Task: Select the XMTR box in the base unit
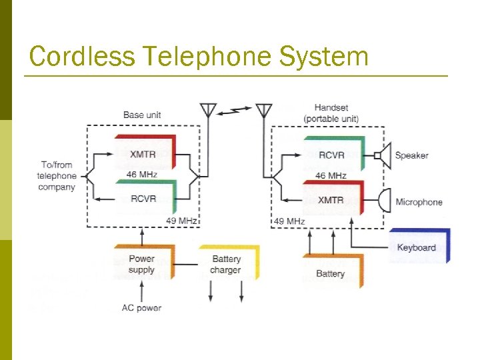144,153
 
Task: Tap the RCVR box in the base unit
144,198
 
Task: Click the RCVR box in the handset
333,155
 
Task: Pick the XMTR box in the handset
332,199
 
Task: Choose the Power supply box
142,264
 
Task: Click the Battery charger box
227,264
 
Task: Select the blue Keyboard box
417,247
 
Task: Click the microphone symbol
385,200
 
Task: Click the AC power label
141,308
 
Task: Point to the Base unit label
142,115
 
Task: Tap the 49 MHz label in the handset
289,221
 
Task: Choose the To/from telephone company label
56,176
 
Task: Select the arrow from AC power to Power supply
141,291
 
